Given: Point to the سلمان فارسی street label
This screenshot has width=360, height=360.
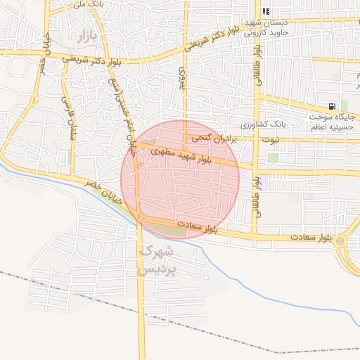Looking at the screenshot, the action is (x=70, y=118).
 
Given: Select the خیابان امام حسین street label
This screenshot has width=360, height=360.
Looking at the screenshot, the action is (x=119, y=105).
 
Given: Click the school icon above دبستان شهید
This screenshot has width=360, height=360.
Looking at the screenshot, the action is (x=266, y=12).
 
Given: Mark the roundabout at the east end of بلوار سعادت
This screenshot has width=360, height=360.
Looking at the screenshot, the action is (x=340, y=242).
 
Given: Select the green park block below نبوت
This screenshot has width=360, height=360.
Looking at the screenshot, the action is (x=272, y=157).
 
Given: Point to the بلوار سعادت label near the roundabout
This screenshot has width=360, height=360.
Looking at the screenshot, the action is (x=309, y=238).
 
